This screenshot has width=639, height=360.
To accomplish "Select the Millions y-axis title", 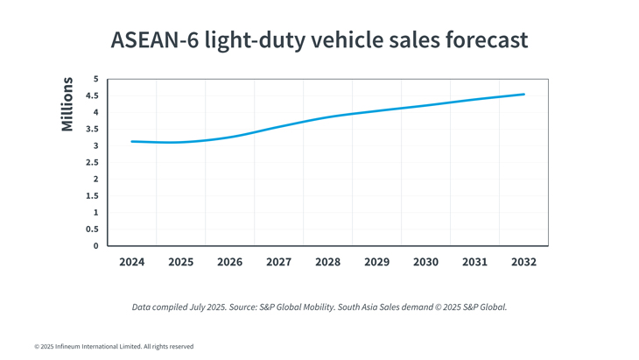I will (x=67, y=104).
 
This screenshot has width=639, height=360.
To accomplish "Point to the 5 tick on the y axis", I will (x=95, y=80).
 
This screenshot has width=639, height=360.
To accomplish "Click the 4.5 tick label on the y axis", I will (x=91, y=96).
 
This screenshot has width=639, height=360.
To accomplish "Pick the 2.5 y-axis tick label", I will (x=91, y=163).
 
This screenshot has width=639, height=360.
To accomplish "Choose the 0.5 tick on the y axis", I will (x=91, y=229).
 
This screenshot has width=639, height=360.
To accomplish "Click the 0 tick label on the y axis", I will (x=95, y=246).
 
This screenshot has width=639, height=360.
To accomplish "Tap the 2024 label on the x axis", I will (x=132, y=262).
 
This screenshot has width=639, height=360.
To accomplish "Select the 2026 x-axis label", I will (x=230, y=262).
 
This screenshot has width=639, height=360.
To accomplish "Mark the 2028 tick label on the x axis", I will (x=328, y=262).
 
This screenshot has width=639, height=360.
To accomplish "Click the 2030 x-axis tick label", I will (x=426, y=262).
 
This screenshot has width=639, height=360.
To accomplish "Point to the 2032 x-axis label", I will (x=523, y=262).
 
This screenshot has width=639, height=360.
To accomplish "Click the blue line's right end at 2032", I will (x=523, y=95).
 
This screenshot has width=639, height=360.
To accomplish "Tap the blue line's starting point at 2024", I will (x=132, y=141).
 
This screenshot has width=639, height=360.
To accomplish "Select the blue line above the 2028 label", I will (x=328, y=117).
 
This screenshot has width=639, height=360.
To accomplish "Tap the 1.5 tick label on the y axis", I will (x=91, y=196).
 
